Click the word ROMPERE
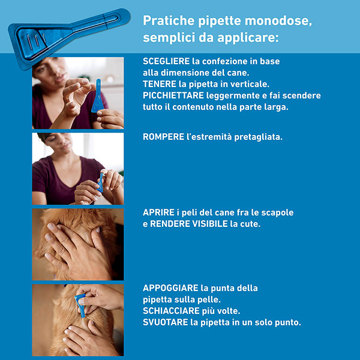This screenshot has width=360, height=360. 163,137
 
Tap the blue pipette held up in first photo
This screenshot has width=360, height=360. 98,97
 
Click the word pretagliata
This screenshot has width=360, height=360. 255,137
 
